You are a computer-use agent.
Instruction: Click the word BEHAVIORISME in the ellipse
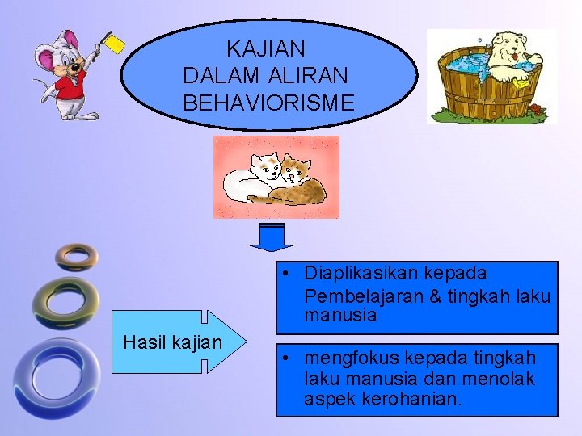268,103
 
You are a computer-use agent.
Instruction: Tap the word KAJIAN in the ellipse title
266,49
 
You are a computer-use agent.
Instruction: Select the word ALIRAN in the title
307,76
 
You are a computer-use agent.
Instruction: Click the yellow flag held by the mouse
115,44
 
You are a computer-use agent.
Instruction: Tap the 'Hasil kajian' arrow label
172,342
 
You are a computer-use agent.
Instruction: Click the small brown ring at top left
77,256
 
